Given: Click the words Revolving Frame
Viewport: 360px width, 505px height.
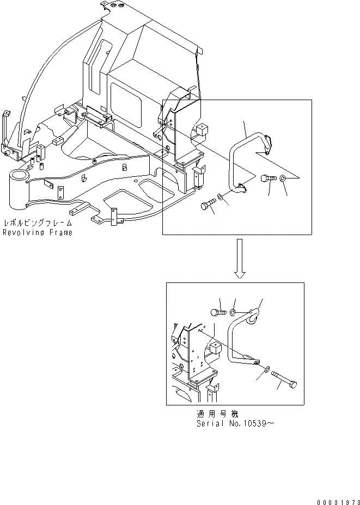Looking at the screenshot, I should [37, 232].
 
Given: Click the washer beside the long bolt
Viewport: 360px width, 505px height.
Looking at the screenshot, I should [265, 370].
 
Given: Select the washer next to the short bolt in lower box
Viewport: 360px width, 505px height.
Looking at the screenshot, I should [233, 312].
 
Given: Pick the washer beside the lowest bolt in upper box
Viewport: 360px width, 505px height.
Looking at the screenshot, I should [219, 196].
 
